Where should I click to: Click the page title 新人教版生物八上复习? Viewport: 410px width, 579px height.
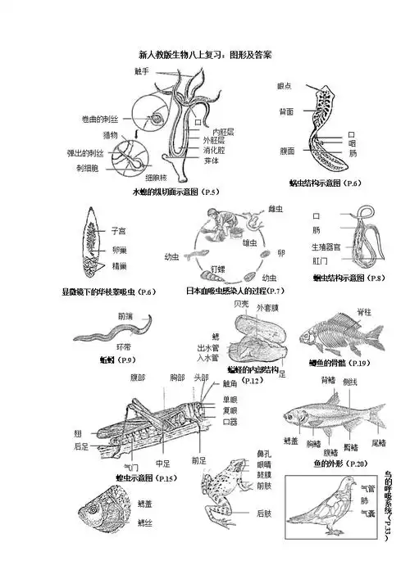pos(205,55)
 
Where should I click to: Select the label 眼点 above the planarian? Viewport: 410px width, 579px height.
pos(285,86)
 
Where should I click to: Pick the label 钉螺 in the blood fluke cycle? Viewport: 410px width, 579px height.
pos(217,268)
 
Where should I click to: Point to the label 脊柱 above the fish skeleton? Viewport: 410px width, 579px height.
pos(364,311)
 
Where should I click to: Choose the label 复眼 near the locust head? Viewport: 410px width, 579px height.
pos(230,410)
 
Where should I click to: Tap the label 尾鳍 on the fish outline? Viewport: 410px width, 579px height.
pos(378,442)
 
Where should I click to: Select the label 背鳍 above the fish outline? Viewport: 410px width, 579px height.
pos(328,380)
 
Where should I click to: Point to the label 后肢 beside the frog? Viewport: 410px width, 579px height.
pos(264,513)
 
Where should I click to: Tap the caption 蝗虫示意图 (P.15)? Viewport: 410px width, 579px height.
pos(147,477)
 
